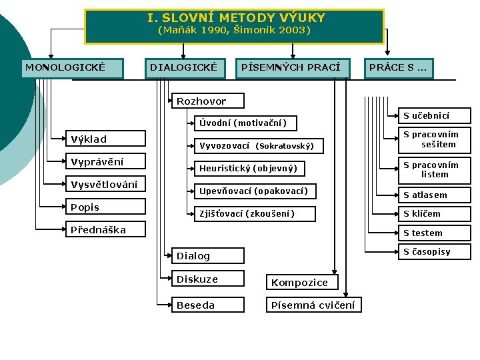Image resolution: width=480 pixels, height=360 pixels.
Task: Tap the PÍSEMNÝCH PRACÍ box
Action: tap(291, 68)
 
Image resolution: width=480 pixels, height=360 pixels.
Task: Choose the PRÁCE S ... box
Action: tap(398, 68)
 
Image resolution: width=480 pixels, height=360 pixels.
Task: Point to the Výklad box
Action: tap(107, 139)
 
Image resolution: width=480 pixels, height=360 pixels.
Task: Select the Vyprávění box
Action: tap(107, 161)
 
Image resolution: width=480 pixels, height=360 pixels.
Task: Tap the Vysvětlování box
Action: tap(107, 185)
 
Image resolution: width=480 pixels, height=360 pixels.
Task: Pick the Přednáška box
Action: tap(107, 230)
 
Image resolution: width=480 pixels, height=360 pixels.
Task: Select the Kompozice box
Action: tap(301, 282)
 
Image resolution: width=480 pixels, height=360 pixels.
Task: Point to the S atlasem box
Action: tap(434, 195)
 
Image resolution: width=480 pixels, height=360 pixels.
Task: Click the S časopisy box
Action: tap(434, 252)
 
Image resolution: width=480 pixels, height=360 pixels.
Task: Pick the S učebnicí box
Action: tap(434, 116)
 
